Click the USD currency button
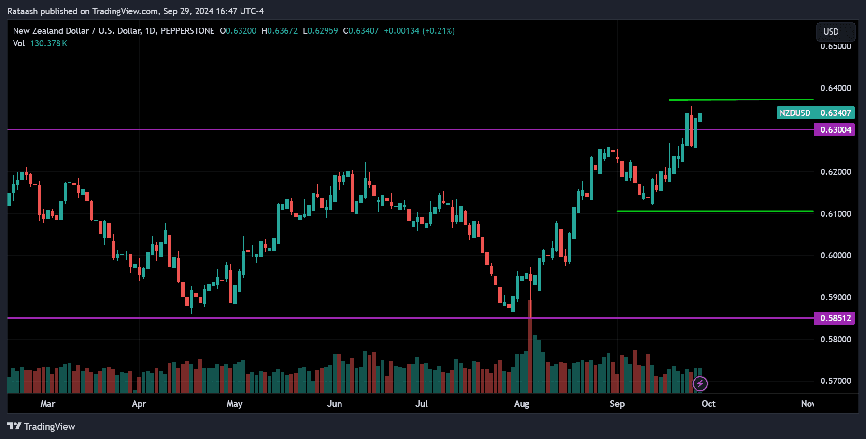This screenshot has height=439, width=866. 835,32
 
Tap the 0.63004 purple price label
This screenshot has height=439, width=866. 835,130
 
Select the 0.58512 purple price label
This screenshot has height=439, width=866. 835,318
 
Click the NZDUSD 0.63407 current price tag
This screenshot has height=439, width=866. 815,113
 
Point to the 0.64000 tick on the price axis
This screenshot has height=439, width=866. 836,88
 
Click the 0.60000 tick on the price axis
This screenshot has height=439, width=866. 836,255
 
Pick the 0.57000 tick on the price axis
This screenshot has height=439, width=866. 836,381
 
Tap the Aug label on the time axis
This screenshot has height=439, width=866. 522,404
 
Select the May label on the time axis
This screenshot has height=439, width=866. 235,404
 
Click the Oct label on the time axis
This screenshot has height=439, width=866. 708,404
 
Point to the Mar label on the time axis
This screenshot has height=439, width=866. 48,404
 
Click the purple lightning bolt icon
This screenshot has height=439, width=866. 700,384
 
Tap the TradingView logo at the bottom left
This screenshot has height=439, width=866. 42,426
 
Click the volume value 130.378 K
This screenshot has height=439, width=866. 48,43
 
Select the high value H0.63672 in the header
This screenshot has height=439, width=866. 280,31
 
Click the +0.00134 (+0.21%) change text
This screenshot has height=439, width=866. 419,31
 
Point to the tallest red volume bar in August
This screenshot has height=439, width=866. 530,348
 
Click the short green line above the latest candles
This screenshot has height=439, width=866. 741,100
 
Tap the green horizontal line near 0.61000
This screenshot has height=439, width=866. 715,211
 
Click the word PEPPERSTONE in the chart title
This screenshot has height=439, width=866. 187,31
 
